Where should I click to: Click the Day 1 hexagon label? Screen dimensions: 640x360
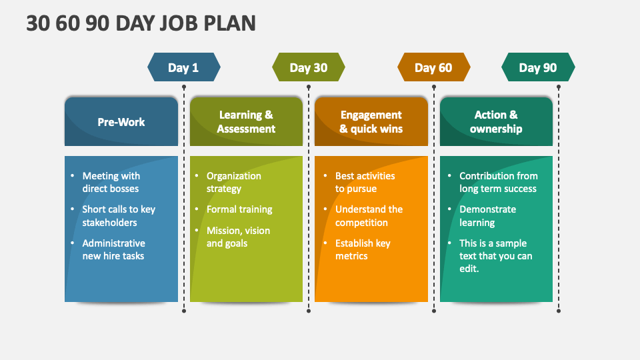pyautogui.click(x=184, y=67)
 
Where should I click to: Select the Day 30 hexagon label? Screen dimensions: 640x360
pyautogui.click(x=309, y=67)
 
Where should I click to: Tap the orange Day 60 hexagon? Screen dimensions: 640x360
pyautogui.click(x=434, y=67)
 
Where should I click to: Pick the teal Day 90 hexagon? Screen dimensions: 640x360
pyautogui.click(x=538, y=67)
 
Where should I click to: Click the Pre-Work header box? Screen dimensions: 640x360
pyautogui.click(x=121, y=121)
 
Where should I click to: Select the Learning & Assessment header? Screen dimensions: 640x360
pyautogui.click(x=246, y=121)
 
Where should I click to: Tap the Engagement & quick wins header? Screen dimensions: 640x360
pyautogui.click(x=371, y=121)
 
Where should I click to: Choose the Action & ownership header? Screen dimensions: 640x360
pyautogui.click(x=496, y=121)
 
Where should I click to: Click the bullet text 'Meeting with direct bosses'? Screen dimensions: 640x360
pyautogui.click(x=111, y=182)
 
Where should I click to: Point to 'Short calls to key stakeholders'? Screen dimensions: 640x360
pyautogui.click(x=119, y=215)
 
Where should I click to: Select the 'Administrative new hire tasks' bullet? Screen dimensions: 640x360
pyautogui.click(x=113, y=249)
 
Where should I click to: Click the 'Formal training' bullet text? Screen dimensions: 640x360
pyautogui.click(x=239, y=209)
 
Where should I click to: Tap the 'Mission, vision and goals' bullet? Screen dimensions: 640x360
pyautogui.click(x=238, y=237)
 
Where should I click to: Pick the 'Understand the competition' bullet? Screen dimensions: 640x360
pyautogui.click(x=369, y=215)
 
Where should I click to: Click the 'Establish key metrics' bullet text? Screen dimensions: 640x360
pyautogui.click(x=363, y=249)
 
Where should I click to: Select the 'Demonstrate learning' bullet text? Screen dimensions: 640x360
pyautogui.click(x=488, y=215)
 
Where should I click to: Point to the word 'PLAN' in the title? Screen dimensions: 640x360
pyautogui.click(x=229, y=23)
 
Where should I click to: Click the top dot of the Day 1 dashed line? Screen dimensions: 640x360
pyautogui.click(x=184, y=87)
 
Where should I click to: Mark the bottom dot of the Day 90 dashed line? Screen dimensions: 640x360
pyautogui.click(x=559, y=311)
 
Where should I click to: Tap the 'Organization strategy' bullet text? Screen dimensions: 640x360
pyautogui.click(x=234, y=182)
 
